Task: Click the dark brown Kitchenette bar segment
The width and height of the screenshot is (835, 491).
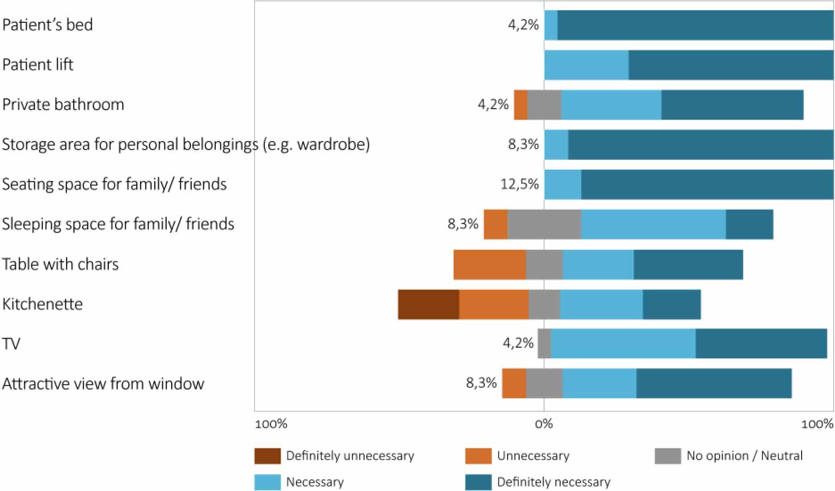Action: point(428,304)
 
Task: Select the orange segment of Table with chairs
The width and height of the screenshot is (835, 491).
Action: point(489,265)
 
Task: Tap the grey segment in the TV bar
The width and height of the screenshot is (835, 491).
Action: point(544,344)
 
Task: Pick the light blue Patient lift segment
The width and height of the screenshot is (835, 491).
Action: point(586,65)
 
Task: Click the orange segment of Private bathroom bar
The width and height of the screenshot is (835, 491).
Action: point(521,105)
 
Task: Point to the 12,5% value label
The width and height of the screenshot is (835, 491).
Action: point(519,184)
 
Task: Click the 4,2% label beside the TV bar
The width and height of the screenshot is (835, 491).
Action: point(518,343)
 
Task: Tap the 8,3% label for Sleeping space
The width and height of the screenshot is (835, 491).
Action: point(463,224)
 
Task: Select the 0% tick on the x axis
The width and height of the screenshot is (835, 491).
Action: point(544,424)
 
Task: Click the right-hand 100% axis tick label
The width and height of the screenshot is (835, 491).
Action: point(817,424)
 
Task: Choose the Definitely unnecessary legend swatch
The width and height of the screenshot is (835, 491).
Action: point(267,456)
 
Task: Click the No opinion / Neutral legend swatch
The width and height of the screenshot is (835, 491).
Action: point(668,456)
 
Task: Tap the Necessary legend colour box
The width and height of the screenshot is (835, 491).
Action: point(267,482)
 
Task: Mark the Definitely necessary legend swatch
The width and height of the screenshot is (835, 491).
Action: point(478,482)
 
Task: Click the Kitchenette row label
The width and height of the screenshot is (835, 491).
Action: point(42,304)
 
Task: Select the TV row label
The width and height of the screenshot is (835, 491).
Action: point(11,344)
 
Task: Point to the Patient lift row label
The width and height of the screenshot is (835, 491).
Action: point(37,65)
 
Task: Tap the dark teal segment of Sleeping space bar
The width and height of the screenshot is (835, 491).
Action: point(749,224)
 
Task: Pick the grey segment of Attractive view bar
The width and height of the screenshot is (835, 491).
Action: point(544,383)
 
